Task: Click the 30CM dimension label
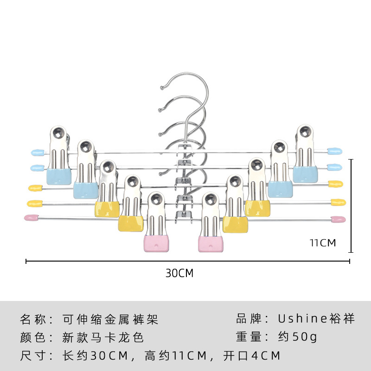[x=179, y=273]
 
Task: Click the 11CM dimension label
[x=323, y=243]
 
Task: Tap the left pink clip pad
[x=156, y=244]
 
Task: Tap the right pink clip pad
[x=211, y=244]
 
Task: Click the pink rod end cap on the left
[x=32, y=217]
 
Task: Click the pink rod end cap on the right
[x=339, y=219]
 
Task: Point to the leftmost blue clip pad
[x=59, y=176]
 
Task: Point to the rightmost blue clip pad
[x=305, y=174]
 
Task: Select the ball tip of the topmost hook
[x=162, y=88]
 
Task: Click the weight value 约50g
[x=297, y=337]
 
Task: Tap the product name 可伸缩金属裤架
[x=110, y=319]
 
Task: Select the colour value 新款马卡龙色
[x=103, y=337]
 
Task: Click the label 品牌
[x=249, y=319]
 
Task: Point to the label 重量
[x=249, y=337]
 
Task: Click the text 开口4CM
[x=252, y=356]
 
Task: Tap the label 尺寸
[x=32, y=356]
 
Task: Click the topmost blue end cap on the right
[x=334, y=151]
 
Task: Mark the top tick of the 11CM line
[x=352, y=160]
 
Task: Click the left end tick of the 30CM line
[x=26, y=261]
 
